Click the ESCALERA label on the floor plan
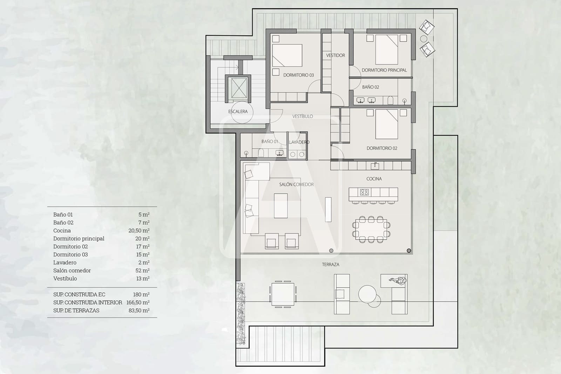tap(238, 112)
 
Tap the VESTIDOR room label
tap(336, 55)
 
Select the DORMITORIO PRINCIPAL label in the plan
tap(384, 70)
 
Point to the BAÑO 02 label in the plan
tap(370, 87)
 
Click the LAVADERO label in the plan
tap(299, 142)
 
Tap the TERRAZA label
tap(330, 265)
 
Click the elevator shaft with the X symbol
tap(239, 88)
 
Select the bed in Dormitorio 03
tap(287, 55)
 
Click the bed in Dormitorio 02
tap(386, 124)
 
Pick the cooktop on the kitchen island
tap(364, 192)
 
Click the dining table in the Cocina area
tap(371, 230)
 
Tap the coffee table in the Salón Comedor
tap(280, 206)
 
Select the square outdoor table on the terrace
tap(283, 294)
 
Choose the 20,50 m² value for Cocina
tap(139, 231)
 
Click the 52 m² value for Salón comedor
tap(142, 271)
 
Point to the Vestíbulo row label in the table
tap(65, 279)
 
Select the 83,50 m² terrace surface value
tap(139, 310)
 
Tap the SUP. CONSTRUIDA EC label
tap(79, 295)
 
